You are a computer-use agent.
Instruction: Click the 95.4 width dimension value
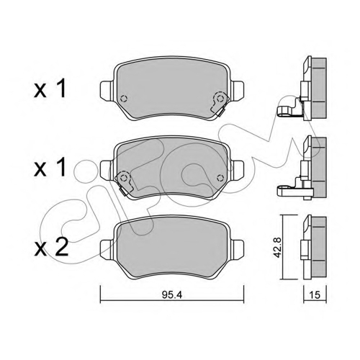(172, 295)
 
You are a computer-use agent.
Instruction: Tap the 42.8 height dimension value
(277, 248)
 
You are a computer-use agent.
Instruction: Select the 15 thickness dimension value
(315, 295)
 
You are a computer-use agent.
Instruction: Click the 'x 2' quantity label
(51, 248)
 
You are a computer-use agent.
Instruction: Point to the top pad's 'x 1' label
(50, 89)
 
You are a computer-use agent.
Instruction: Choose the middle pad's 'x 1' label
(50, 168)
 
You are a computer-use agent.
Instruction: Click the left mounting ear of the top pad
(106, 91)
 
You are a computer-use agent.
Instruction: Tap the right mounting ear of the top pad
(238, 90)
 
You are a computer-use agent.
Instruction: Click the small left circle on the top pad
(124, 99)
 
